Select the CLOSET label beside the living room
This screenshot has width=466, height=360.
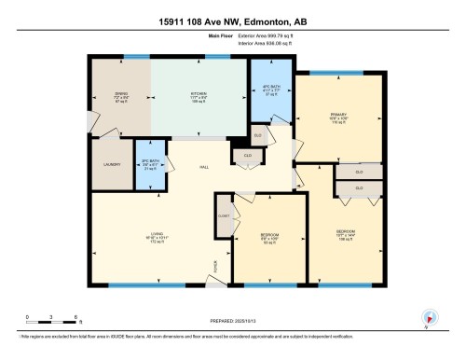click(x=224, y=215)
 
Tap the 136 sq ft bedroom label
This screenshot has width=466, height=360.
click(x=346, y=235)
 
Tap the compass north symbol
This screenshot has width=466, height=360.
click(x=429, y=318)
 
